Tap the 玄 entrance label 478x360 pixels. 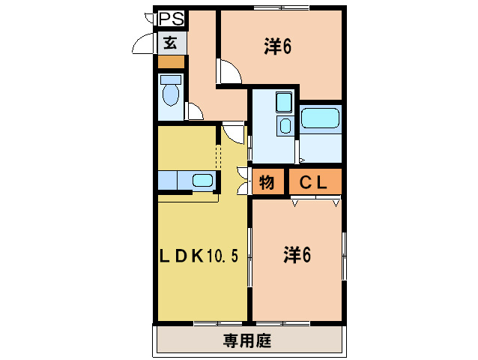click(171, 43)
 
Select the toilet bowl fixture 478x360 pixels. click(171, 96)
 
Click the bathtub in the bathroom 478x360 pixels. click(321, 118)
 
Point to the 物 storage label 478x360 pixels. click(267, 181)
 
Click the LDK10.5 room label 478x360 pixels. click(198, 256)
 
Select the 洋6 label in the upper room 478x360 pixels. click(276, 46)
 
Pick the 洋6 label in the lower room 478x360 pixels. click(297, 256)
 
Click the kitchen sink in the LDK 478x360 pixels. click(202, 180)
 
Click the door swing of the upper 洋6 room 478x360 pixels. click(229, 73)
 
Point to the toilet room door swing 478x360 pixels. click(194, 112)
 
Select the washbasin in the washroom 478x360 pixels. click(284, 102)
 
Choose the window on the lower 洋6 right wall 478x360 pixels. click(344, 256)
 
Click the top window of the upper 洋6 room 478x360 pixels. click(281, 8)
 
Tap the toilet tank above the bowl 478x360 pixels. click(171, 79)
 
